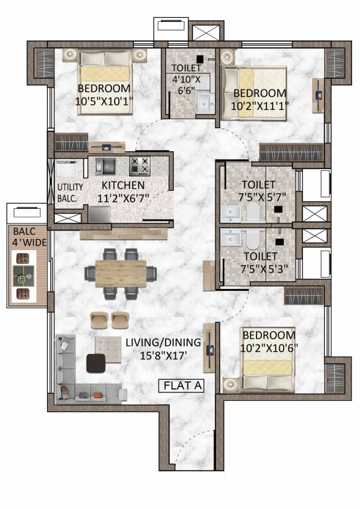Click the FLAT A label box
pyautogui.click(x=185, y=385)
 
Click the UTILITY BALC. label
pyautogui.click(x=70, y=192)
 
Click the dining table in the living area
pyautogui.click(x=121, y=272)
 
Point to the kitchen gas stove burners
pyautogui.click(x=141, y=165)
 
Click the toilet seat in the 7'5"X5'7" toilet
pyautogui.click(x=253, y=211)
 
